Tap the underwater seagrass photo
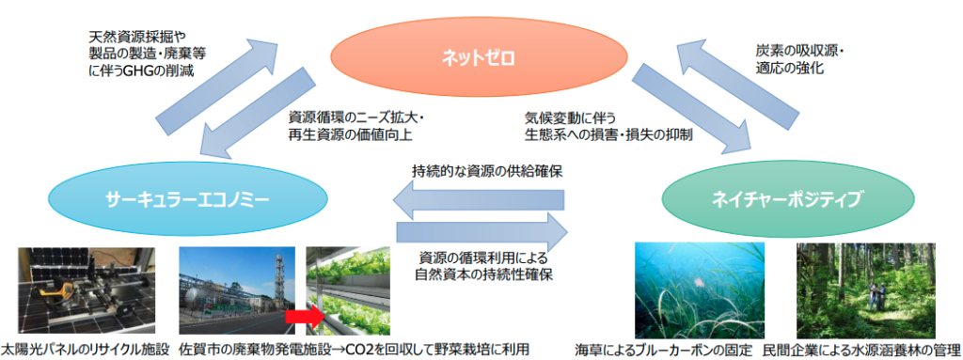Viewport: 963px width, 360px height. (700, 290)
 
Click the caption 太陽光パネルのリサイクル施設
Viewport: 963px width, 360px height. (85, 351)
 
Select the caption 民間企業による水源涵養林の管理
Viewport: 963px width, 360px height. (861, 351)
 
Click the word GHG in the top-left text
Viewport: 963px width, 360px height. (134, 71)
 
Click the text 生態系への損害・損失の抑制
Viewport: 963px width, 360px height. (608, 135)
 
